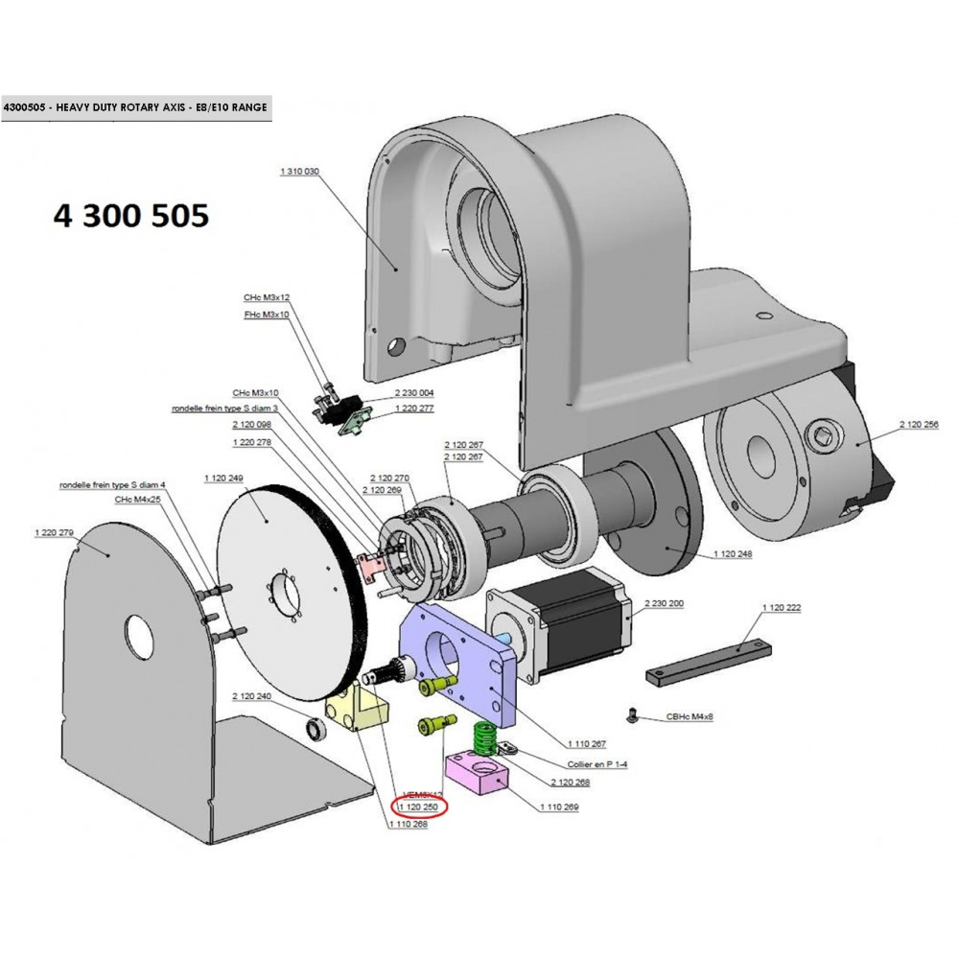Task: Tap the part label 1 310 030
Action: (299, 171)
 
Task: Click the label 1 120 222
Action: (781, 608)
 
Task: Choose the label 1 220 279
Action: (54, 532)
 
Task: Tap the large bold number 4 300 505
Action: (130, 216)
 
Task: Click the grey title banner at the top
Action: (135, 108)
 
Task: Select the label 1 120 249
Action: (223, 478)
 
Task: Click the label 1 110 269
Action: (560, 808)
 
